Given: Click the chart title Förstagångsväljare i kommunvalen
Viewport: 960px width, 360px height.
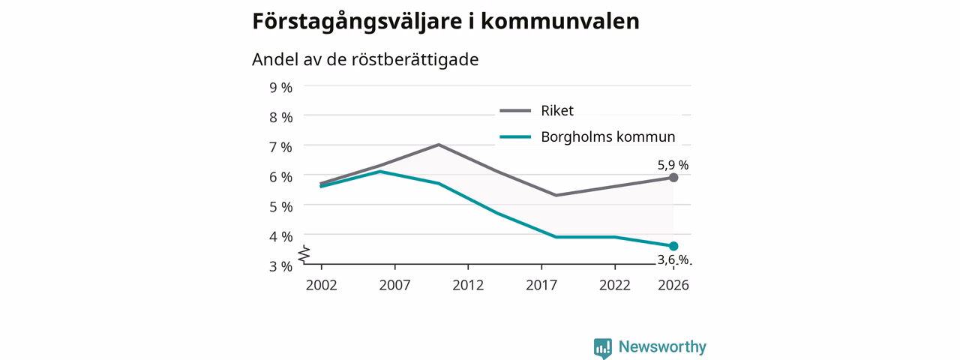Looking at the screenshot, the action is (x=445, y=22).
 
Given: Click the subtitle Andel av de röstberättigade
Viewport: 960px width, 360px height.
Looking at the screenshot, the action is (x=365, y=59).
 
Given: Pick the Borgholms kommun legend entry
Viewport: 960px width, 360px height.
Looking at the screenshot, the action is (x=587, y=136).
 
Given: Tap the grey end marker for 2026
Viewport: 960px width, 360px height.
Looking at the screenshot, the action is (x=673, y=178).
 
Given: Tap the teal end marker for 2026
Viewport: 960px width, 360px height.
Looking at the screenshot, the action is (x=673, y=246).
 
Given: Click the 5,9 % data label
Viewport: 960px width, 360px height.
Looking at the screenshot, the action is (x=673, y=165).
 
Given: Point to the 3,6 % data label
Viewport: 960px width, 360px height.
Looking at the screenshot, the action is (x=673, y=259).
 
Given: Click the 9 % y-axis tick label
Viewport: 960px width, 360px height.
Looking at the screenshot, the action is (x=280, y=88).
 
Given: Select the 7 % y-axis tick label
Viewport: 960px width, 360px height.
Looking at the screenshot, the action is (x=280, y=148).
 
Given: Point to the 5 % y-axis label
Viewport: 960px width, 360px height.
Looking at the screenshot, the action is (x=280, y=207).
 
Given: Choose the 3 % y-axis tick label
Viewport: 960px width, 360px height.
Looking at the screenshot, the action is (x=280, y=266).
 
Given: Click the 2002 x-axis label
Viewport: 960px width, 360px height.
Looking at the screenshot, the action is (x=322, y=285).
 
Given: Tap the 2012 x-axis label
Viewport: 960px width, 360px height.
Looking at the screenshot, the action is (x=468, y=285).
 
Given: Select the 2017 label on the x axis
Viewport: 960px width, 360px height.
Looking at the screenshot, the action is (x=541, y=285).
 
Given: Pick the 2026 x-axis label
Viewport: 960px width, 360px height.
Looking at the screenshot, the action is (x=673, y=285).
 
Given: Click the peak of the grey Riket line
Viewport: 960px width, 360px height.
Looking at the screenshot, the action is (x=439, y=145).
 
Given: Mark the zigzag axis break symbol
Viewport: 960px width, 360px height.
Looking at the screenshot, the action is (x=304, y=254).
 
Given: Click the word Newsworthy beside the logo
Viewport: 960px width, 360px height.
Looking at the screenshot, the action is (x=662, y=346).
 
